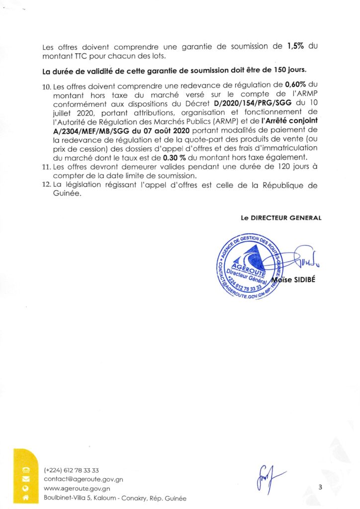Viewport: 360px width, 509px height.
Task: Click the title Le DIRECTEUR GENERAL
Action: pos(281,217)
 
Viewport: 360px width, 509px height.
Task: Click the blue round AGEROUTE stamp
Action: pos(247,266)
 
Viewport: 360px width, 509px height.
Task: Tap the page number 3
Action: pos(320,488)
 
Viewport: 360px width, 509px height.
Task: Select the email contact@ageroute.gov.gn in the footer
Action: pos(83,480)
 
